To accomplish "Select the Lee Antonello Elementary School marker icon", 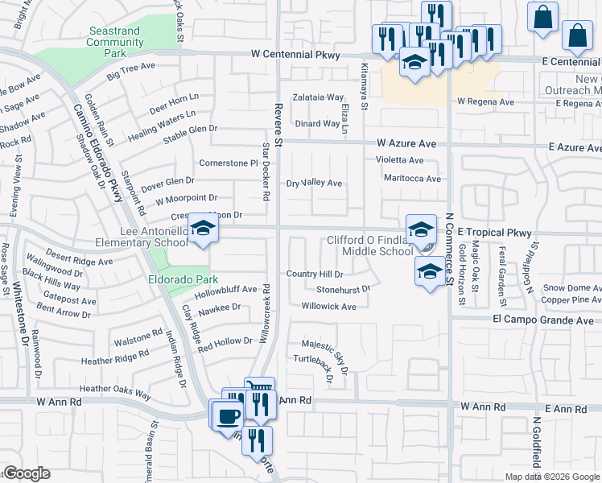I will tap(204, 229).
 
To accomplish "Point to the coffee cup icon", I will tap(230, 415).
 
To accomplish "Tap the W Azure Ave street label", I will tap(410, 143).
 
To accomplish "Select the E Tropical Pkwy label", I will tap(495, 233).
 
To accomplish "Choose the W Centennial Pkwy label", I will tap(295, 55).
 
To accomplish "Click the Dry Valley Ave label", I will tap(315, 184).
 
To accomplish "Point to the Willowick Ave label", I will tap(328, 307).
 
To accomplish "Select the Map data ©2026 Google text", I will tap(553, 477).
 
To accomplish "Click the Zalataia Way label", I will tap(318, 97).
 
